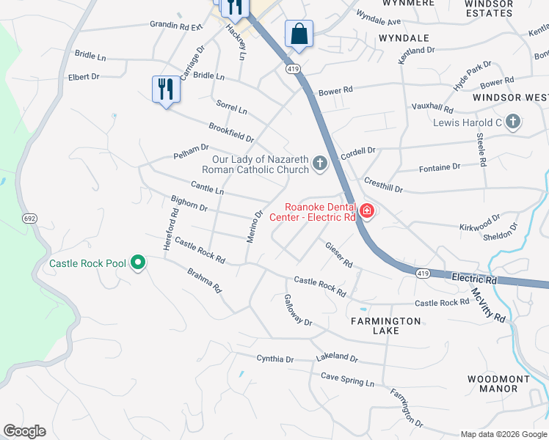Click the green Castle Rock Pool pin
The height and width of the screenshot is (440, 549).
point(137,263)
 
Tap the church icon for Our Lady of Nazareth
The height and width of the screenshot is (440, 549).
point(319,164)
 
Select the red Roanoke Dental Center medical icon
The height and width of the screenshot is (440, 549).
point(366,211)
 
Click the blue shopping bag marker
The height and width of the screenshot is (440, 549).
point(299,34)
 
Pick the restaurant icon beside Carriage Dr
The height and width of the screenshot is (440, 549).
point(165,89)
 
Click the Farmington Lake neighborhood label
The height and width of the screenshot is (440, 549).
point(385,326)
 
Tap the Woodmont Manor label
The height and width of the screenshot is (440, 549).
point(498,384)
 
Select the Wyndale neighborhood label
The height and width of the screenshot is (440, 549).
point(404,37)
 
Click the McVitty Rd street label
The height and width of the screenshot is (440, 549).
point(489,304)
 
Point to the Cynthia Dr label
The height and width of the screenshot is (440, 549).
point(274,359)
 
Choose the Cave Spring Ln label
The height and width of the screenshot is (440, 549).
point(347,379)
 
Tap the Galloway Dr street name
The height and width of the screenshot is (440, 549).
point(298,311)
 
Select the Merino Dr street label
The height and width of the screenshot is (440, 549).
point(254,228)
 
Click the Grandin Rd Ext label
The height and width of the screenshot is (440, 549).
point(175,26)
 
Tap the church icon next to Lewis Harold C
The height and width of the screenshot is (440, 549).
point(512,122)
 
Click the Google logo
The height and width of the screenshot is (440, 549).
point(25,431)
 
